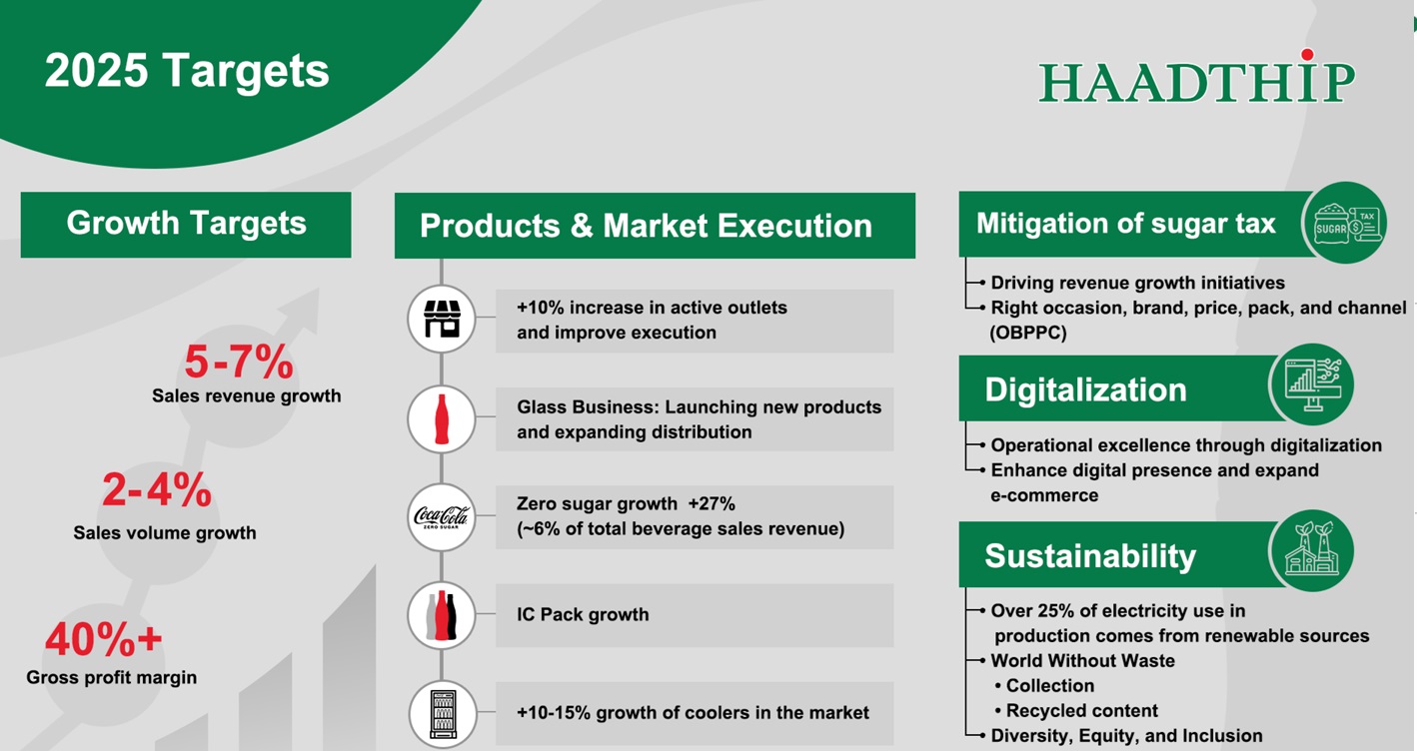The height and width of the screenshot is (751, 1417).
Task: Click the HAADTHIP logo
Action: [1197, 76]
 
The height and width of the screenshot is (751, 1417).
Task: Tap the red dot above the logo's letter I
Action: [1307, 54]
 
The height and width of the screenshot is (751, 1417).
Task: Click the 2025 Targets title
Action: [187, 70]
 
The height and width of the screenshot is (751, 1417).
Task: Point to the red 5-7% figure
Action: [239, 362]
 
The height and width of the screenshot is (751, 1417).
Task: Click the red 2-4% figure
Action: [157, 490]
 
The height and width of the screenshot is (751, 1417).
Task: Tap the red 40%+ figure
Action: [104, 639]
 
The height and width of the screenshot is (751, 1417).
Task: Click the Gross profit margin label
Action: [111, 677]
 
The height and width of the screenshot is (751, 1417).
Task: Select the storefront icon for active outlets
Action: [442, 319]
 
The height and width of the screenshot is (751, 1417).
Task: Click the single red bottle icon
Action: [442, 419]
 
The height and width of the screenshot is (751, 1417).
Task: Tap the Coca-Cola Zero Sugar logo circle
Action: [442, 517]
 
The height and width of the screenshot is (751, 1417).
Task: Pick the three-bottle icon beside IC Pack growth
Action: [442, 616]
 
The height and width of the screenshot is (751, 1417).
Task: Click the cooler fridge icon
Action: [442, 714]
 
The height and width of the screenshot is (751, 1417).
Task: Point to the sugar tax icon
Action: [1345, 223]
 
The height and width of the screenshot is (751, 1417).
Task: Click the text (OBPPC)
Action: [1028, 333]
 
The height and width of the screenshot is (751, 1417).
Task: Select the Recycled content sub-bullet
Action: [1076, 710]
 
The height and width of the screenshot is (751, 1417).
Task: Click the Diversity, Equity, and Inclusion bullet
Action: [1126, 736]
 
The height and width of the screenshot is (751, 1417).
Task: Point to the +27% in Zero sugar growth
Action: [711, 503]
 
